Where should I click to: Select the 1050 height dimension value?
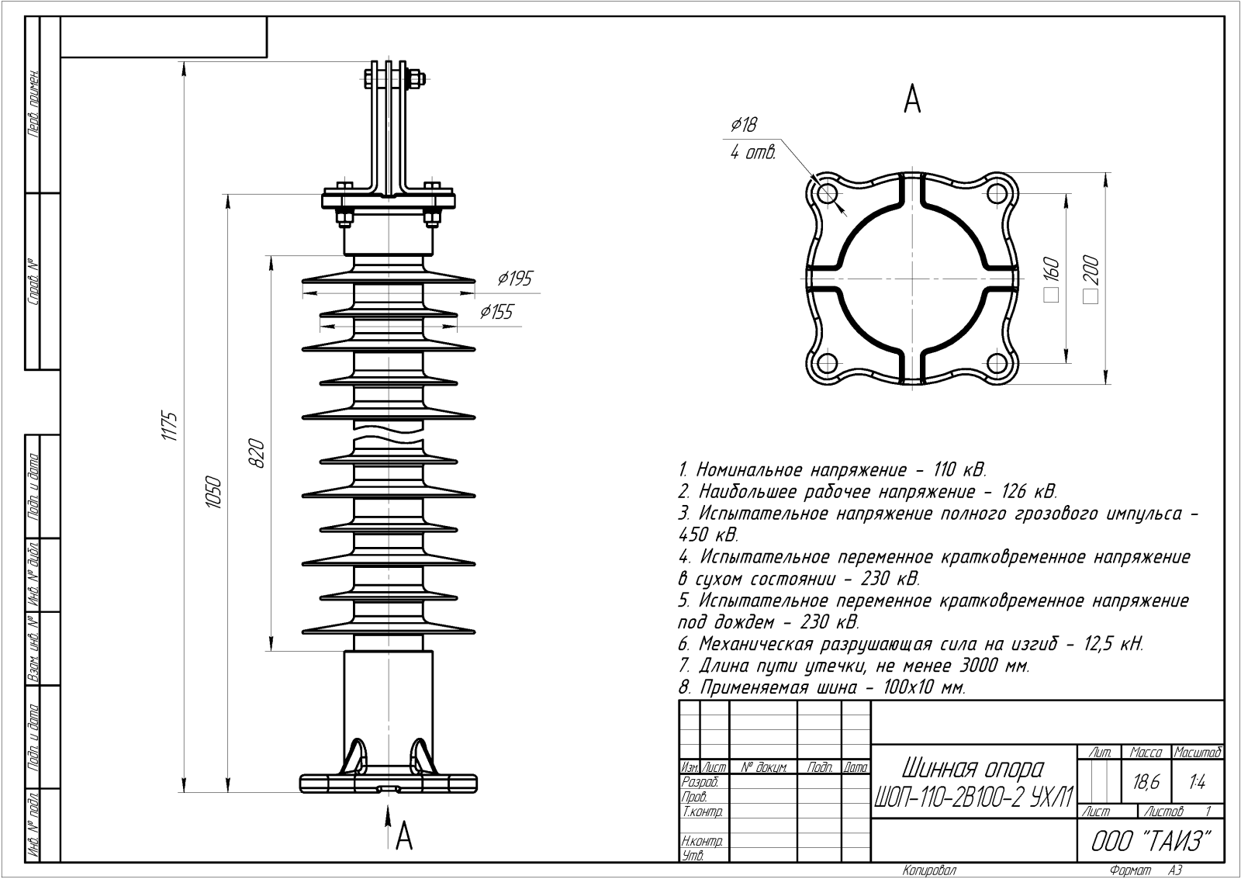pyautogui.click(x=215, y=492)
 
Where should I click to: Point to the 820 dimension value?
pyautogui.click(x=258, y=454)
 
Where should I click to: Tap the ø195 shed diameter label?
pyautogui.click(x=515, y=279)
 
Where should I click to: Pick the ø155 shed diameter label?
pyautogui.click(x=496, y=312)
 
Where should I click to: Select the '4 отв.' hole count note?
pyautogui.click(x=752, y=154)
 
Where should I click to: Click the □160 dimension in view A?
pyautogui.click(x=1052, y=279)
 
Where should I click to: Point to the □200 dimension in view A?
pyautogui.click(x=1091, y=279)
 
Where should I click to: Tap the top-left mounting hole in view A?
pyautogui.click(x=827, y=192)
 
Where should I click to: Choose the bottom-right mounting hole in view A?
pyautogui.click(x=997, y=362)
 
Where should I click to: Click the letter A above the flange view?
pyautogui.click(x=912, y=99)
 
